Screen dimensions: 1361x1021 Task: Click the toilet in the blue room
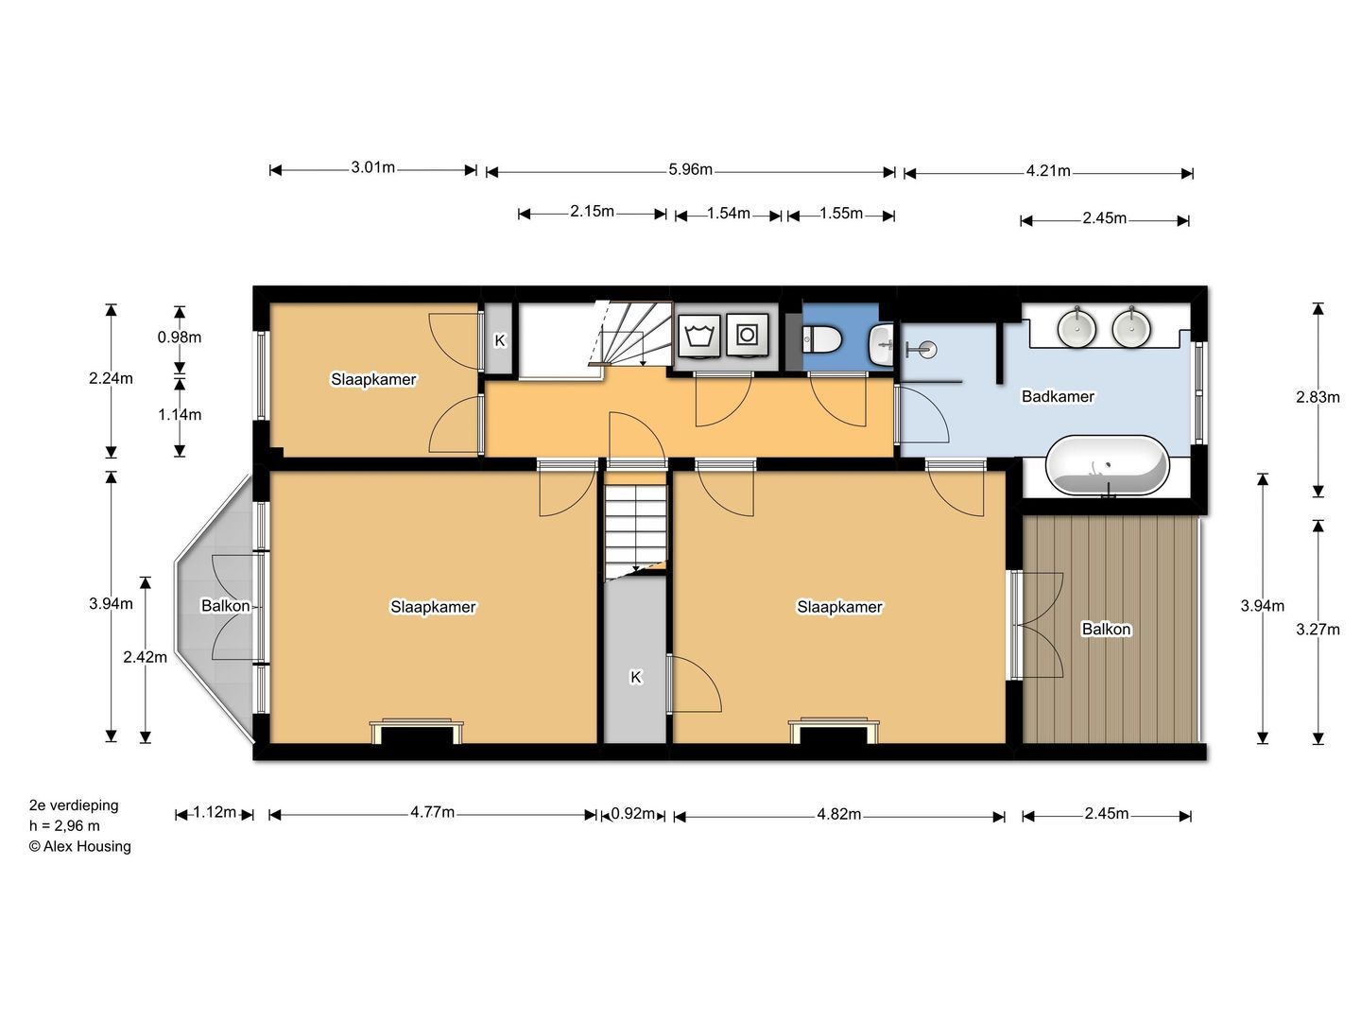click(821, 339)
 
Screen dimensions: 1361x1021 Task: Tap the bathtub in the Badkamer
click(1107, 465)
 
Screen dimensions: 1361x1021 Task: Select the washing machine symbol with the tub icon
click(699, 336)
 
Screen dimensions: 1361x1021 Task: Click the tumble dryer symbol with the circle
click(748, 336)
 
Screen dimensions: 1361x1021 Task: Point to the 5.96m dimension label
click(690, 169)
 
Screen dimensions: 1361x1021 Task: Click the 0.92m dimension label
click(633, 813)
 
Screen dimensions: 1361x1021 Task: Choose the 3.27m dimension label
click(1318, 630)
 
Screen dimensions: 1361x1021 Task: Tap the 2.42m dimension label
click(146, 657)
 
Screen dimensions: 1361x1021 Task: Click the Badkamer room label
click(1058, 396)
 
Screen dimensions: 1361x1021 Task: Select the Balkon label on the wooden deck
click(1106, 629)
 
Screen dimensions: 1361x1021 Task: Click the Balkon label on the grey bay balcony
click(226, 605)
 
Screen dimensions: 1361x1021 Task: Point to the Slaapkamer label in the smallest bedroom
click(373, 379)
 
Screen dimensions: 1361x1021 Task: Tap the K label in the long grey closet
click(635, 677)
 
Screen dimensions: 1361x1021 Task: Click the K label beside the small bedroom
click(500, 340)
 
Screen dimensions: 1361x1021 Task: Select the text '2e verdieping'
click(74, 805)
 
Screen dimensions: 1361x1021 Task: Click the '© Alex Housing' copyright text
click(80, 846)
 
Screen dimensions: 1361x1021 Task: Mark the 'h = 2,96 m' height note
click(64, 825)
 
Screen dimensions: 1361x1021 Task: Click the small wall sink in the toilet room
click(882, 345)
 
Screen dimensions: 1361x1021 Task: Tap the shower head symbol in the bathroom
click(922, 350)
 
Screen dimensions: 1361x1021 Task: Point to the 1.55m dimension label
click(841, 214)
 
